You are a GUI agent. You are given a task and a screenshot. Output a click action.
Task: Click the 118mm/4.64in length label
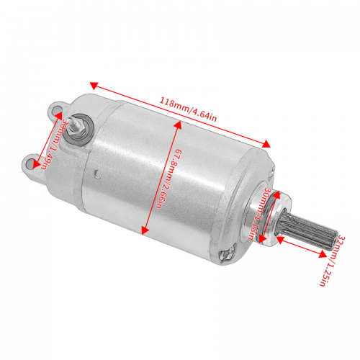pyautogui.click(x=188, y=109)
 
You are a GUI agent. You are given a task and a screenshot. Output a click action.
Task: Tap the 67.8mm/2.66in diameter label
pyautogui.click(x=168, y=179)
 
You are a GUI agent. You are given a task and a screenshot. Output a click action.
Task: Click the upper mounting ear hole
pyautogui.click(x=55, y=110)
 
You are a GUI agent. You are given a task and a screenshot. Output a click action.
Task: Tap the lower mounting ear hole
pyautogui.click(x=30, y=163)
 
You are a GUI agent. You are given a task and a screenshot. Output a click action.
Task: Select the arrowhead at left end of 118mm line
pyautogui.click(x=94, y=86)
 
